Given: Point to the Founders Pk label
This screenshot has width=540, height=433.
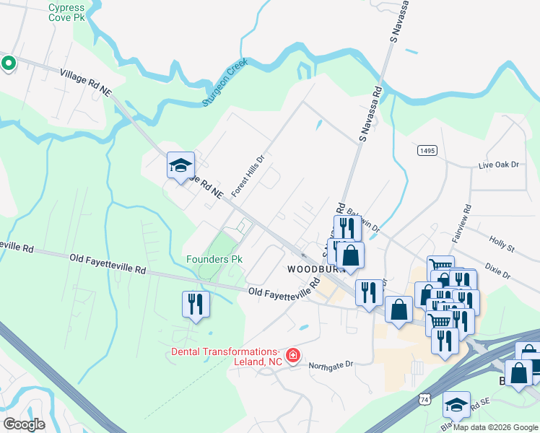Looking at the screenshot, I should coord(214,259).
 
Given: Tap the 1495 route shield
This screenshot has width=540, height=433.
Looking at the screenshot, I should coord(427,149).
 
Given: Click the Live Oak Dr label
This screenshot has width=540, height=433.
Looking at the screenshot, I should coord(499,165).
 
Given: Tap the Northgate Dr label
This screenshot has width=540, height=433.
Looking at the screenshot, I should coord(331,365).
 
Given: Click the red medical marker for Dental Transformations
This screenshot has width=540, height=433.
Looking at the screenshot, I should coord(293,354).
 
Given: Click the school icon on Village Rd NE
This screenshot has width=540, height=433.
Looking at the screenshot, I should coord(180,165).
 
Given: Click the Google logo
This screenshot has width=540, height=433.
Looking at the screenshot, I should coord(25,424).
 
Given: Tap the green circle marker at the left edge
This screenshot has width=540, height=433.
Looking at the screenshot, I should coord(8,64).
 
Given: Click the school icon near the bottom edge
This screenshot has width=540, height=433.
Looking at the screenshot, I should coord(456,404).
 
